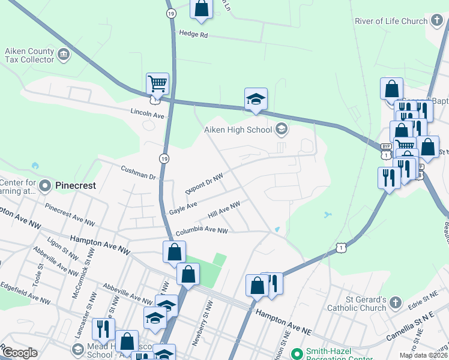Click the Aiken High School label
tap(238, 130)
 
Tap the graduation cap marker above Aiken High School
tap(256, 100)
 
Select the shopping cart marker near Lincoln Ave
tap(157, 85)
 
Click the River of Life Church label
tap(391, 21)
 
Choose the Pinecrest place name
tap(76, 185)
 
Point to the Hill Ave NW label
tap(224, 209)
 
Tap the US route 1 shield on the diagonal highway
tap(341, 247)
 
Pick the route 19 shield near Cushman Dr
tap(164, 158)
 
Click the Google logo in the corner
tap(20, 352)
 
